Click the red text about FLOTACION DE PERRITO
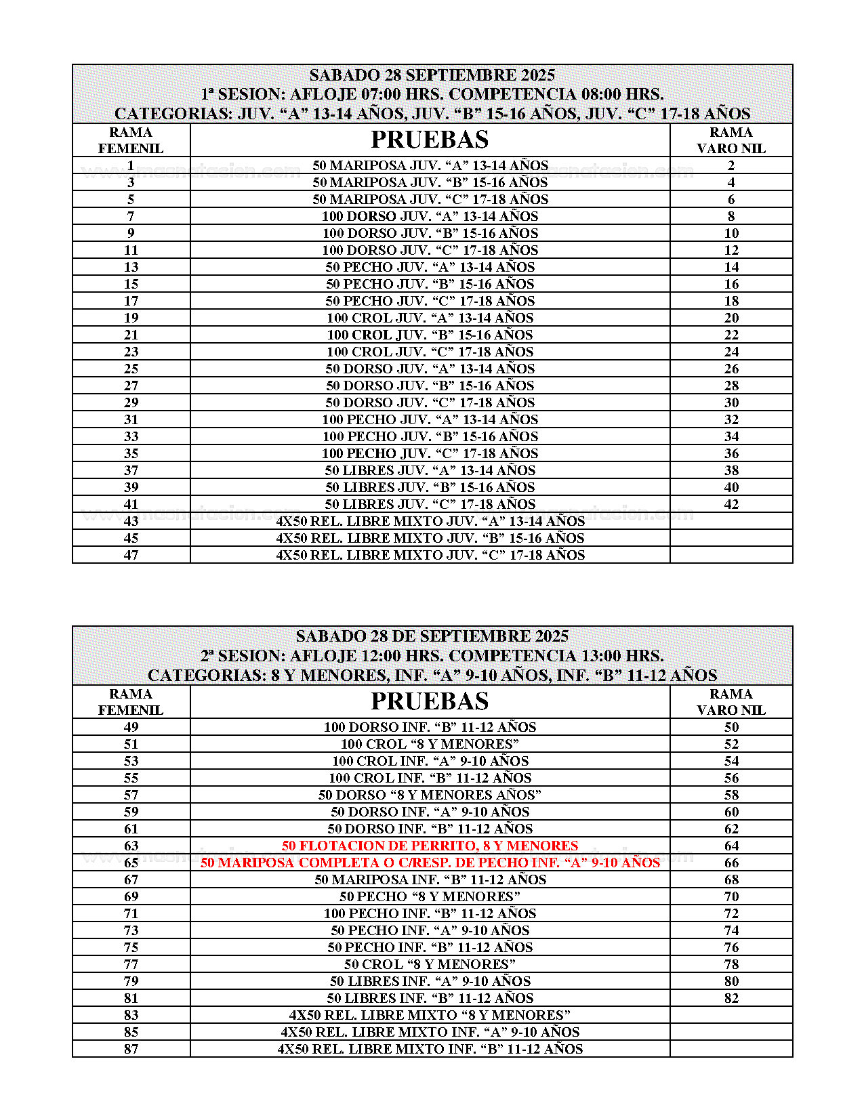point(430,846)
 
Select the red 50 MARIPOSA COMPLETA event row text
point(430,863)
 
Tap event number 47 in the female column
point(131,555)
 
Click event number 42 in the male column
point(731,504)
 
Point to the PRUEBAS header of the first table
point(430,140)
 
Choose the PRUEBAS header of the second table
point(430,701)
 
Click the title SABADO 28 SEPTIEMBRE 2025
point(432,75)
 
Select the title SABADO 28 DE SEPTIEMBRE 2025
point(432,636)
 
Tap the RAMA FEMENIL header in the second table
point(131,702)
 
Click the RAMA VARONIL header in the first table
point(731,140)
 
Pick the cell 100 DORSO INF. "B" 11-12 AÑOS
point(430,727)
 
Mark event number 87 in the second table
point(131,1049)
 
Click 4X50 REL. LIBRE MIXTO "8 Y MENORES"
point(430,1015)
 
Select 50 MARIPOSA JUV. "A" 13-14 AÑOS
point(430,165)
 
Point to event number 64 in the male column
point(731,846)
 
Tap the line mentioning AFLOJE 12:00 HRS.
point(432,656)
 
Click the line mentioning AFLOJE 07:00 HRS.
point(432,94)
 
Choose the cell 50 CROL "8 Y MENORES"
point(430,964)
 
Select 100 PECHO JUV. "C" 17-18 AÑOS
point(430,453)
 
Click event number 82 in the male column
point(731,998)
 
